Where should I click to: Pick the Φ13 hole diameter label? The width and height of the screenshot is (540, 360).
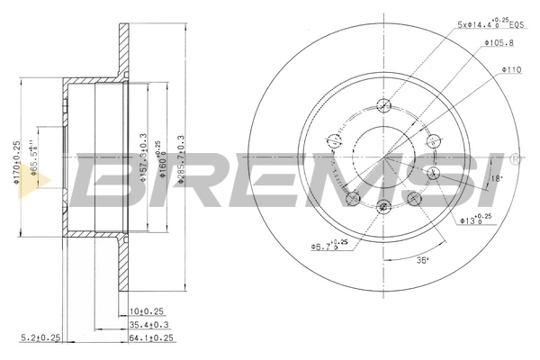(475, 218)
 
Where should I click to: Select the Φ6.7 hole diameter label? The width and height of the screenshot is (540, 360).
(328, 245)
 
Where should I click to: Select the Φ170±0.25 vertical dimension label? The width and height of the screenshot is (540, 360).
(17, 162)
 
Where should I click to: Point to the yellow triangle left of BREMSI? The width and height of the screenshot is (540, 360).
(40, 180)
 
